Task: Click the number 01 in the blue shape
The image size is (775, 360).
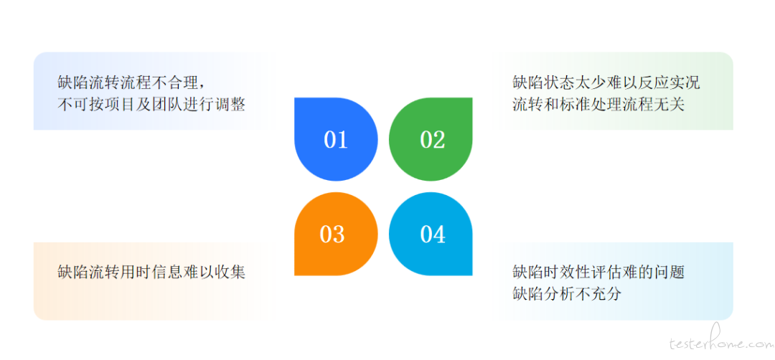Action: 336,140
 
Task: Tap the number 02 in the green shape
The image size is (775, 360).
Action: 433,140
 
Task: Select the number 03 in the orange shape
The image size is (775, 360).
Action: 332,234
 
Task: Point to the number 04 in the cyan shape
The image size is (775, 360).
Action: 433,234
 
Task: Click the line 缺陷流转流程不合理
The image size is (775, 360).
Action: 128,82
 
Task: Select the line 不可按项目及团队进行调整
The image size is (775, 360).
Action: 151,105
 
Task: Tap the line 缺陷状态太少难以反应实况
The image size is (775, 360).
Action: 606,82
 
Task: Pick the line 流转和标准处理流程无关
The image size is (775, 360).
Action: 598,105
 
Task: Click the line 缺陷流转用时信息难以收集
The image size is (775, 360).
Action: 151,272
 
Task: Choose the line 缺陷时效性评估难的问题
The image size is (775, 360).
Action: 598,272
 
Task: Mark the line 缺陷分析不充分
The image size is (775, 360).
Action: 567,294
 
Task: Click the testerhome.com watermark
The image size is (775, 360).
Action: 720,344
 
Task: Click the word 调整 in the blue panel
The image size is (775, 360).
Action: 230,105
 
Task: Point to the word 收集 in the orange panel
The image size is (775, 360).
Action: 230,272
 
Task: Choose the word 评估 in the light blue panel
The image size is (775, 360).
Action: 606,272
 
